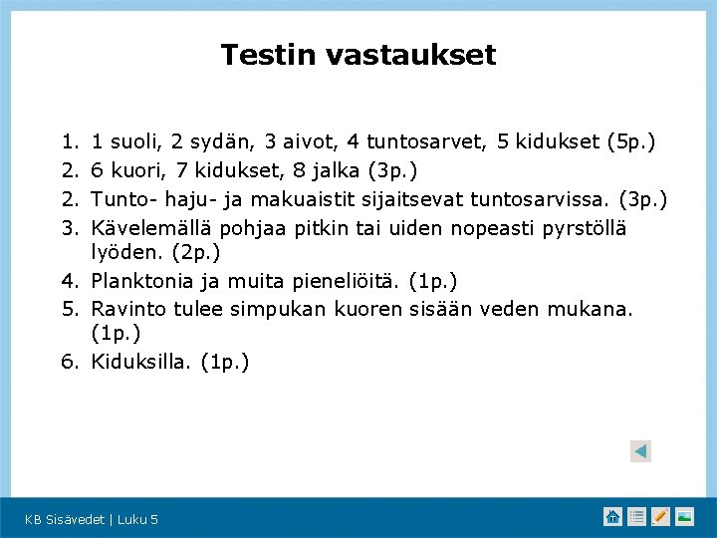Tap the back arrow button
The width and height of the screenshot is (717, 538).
point(640,451)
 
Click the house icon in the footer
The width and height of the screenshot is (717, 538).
point(612,516)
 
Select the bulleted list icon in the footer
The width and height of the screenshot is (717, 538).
point(637,516)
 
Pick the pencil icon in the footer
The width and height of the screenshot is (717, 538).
point(661,516)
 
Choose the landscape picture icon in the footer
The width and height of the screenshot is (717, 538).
point(685,516)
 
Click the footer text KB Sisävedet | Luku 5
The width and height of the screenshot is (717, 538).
point(92,519)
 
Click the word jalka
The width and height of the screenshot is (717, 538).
point(334,171)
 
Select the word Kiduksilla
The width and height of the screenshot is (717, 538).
point(142,362)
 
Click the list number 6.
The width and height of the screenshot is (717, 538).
point(70,362)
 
